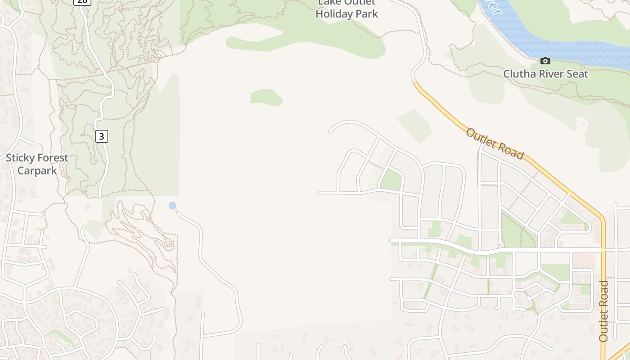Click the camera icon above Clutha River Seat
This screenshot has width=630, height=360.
point(545,61)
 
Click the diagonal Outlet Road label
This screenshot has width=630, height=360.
point(495,144)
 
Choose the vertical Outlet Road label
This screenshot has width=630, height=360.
point(603,310)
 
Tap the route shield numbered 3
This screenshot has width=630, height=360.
point(102,136)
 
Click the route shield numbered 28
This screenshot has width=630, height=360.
point(82,1)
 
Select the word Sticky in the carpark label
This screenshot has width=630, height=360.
point(20,158)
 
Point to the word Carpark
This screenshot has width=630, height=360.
point(37,171)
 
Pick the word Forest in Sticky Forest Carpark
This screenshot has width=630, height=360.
point(53,158)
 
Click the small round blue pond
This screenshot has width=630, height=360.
point(172,206)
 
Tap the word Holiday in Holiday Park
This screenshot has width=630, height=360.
point(333,14)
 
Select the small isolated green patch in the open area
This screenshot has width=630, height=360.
point(266,97)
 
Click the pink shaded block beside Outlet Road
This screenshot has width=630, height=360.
point(584,260)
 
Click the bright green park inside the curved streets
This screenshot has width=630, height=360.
point(391,180)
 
